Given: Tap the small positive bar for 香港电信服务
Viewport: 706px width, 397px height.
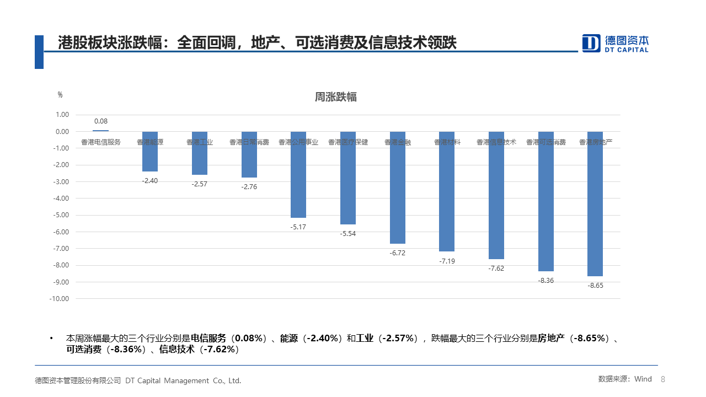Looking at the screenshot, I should tap(100, 131).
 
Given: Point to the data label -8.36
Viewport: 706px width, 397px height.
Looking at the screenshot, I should tap(545, 281).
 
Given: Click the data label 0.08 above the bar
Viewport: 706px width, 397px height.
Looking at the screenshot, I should tap(101, 121).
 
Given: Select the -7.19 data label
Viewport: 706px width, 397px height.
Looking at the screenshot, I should tap(447, 261).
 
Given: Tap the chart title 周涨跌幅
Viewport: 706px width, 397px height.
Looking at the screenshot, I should tap(335, 97).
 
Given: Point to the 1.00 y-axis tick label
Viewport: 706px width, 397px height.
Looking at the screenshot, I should tap(62, 115).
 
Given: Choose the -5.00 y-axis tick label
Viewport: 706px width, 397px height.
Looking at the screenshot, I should tap(62, 215).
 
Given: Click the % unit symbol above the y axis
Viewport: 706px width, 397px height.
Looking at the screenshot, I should tap(60, 95).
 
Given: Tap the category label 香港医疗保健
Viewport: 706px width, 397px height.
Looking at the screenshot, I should tap(348, 142).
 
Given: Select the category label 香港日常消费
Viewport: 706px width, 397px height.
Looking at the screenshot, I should tap(249, 142).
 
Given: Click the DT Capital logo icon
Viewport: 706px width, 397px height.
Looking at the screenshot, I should tap(591, 43).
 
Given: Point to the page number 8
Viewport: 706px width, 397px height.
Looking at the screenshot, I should tap(663, 379).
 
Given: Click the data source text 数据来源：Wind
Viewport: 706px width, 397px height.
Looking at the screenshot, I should tap(625, 379).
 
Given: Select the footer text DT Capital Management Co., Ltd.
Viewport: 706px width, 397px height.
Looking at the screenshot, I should tap(183, 380).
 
